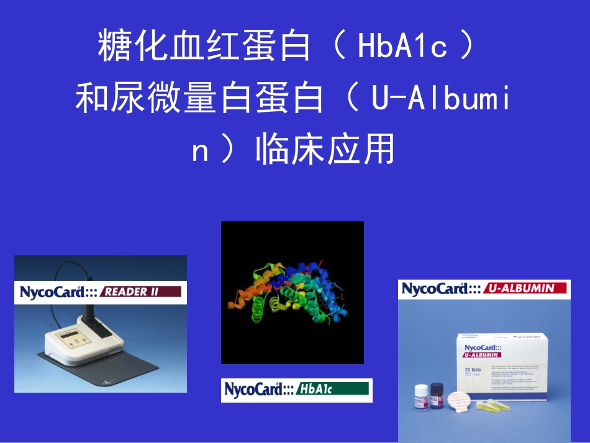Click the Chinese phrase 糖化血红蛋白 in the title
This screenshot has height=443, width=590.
[204, 47]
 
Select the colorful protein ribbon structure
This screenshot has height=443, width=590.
[292, 289]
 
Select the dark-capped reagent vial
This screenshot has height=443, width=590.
[437, 394]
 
